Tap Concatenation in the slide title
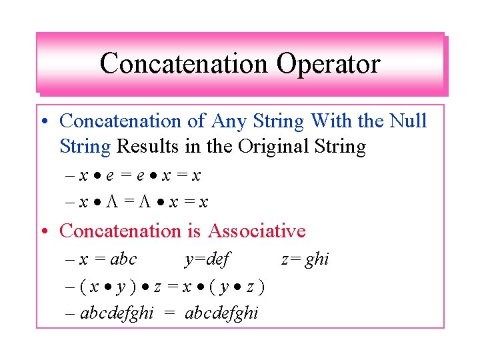183,64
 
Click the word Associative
257,231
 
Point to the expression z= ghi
305,259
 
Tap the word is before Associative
193,231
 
